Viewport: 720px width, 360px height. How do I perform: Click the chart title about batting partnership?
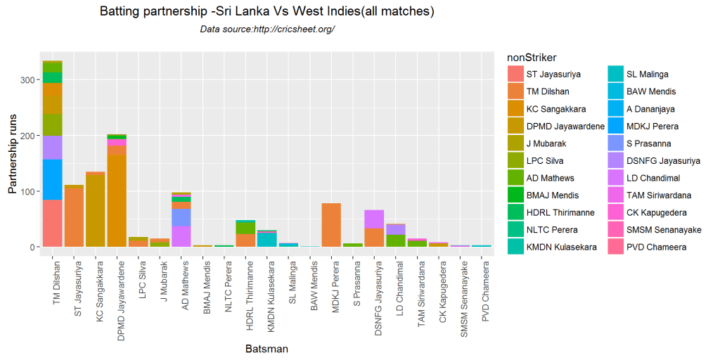pyautogui.click(x=266, y=12)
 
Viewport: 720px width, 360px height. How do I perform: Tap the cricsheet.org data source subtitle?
pyautogui.click(x=266, y=30)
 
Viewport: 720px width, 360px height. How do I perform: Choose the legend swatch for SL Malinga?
pyautogui.click(x=616, y=74)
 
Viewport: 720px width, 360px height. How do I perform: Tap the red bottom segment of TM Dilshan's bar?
pyautogui.click(x=53, y=223)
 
